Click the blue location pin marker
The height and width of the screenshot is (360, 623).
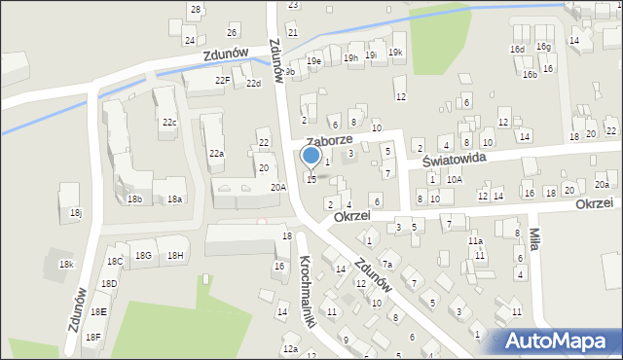(x=311, y=157)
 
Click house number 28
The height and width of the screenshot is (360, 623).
(x=195, y=10)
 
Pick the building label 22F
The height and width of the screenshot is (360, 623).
(x=223, y=80)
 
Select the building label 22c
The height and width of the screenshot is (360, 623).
(x=169, y=123)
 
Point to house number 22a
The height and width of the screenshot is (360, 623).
(x=216, y=154)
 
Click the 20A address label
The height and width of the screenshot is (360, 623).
(x=278, y=187)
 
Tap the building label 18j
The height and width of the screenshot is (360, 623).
(x=76, y=213)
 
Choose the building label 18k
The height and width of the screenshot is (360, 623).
(x=66, y=265)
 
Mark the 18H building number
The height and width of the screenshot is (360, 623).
(x=175, y=255)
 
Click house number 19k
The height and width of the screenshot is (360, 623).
(x=395, y=52)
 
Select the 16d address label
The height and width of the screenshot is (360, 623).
(x=517, y=49)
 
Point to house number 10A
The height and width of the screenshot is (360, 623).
(x=455, y=180)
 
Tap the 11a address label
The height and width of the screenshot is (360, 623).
(x=475, y=241)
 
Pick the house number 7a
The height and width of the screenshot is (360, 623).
(x=386, y=265)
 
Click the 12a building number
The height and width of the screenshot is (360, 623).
(x=289, y=348)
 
